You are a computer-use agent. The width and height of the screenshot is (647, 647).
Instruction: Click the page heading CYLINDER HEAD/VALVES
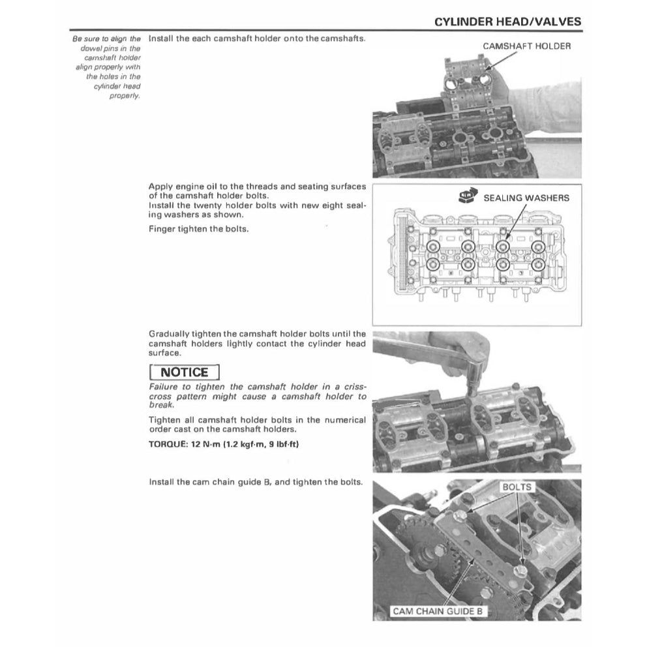point(507,22)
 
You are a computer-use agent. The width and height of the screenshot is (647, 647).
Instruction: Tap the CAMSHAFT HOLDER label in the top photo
point(526,46)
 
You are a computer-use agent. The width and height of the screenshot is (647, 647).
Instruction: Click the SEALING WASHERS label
point(526,198)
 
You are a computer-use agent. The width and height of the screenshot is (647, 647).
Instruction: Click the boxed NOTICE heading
point(185,372)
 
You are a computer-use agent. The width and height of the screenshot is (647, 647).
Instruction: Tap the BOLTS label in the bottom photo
point(517,487)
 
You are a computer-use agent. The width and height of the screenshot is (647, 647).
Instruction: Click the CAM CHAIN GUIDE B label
point(438,611)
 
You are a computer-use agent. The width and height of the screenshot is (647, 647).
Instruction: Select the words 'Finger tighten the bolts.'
point(198,230)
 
